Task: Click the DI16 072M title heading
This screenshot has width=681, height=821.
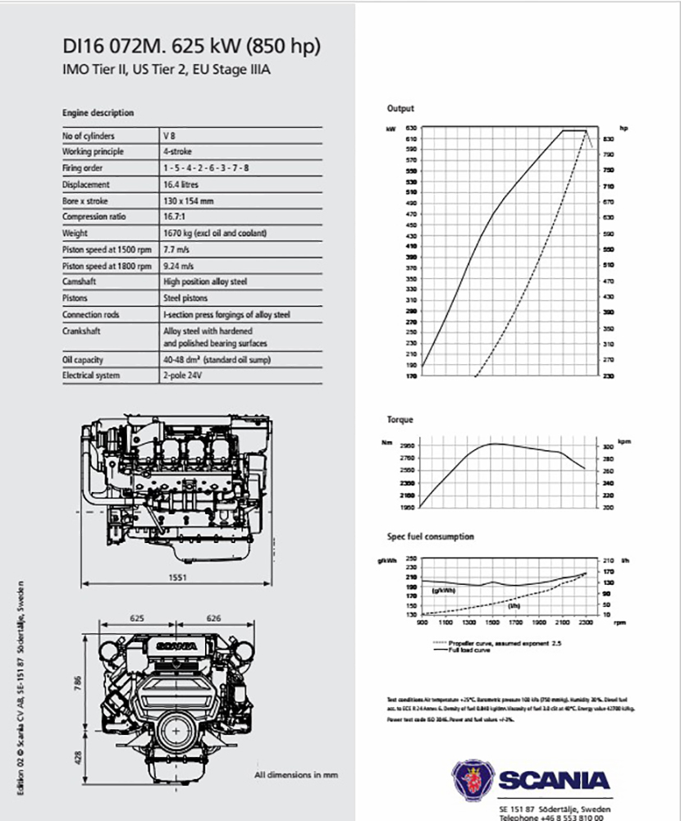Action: pyautogui.click(x=191, y=47)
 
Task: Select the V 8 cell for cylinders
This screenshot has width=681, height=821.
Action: pyautogui.click(x=169, y=136)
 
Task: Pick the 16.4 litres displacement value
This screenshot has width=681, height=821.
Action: pyautogui.click(x=181, y=185)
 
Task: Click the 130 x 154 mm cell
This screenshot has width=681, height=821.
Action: pyautogui.click(x=188, y=201)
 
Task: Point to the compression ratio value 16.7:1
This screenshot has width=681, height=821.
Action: pyautogui.click(x=175, y=217)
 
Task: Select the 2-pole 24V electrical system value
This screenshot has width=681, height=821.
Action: pyautogui.click(x=181, y=376)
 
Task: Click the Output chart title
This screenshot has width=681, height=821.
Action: pyautogui.click(x=400, y=108)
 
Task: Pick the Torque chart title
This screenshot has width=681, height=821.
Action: pyautogui.click(x=400, y=419)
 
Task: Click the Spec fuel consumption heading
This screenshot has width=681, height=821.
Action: pyautogui.click(x=430, y=536)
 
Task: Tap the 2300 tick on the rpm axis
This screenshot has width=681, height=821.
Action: pyautogui.click(x=585, y=623)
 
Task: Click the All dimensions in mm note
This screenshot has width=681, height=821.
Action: pyautogui.click(x=296, y=774)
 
